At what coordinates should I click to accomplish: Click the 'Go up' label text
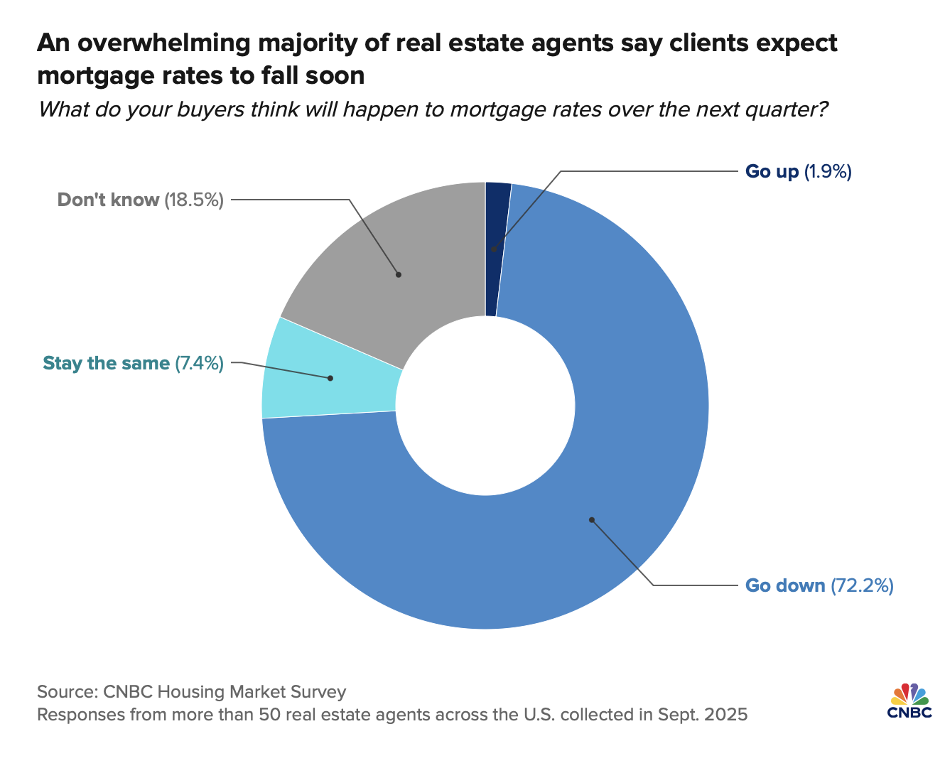coord(772,171)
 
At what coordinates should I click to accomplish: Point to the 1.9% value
coord(828,171)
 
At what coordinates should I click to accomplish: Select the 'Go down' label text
coord(785,585)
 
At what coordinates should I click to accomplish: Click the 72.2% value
coord(862,585)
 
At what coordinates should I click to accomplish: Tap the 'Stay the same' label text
coord(107,364)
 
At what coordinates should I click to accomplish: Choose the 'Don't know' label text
coord(108,200)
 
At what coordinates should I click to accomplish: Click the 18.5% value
coord(194,200)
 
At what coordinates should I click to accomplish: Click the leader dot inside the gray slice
coord(399,274)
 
